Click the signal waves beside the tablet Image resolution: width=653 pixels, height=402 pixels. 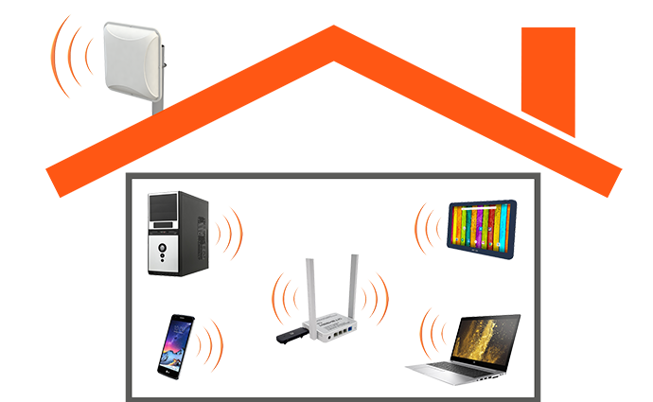point(429,224)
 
